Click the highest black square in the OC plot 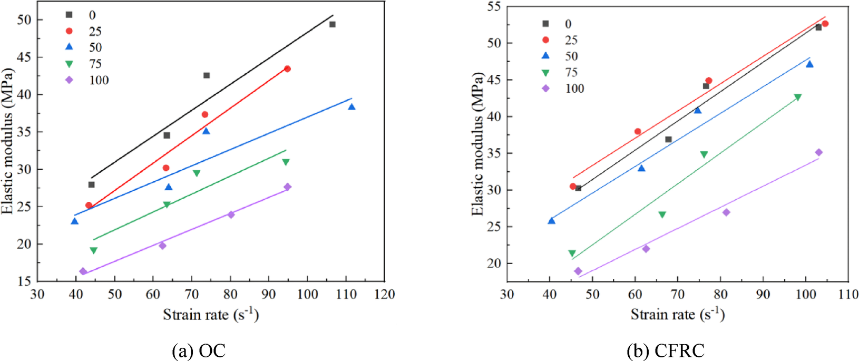tap(332, 24)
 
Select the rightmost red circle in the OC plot tap(287, 69)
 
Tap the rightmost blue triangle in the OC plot tap(352, 107)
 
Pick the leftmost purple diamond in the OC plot tap(83, 271)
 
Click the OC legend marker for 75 tap(69, 64)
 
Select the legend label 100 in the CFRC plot tap(574, 89)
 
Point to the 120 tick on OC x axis tap(385, 294)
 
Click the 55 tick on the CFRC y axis tap(494, 6)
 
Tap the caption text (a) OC tap(199, 350)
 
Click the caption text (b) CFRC tap(666, 350)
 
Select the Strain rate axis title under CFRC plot tap(677, 315)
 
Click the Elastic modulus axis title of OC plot tap(7, 141)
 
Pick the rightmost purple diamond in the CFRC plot tap(818, 152)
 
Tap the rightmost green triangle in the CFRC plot tap(797, 97)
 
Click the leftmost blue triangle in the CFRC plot tap(551, 221)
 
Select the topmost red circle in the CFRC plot tap(825, 24)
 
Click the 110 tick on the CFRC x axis tap(848, 294)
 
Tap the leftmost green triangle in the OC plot tap(93, 250)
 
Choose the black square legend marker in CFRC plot tap(545, 24)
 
